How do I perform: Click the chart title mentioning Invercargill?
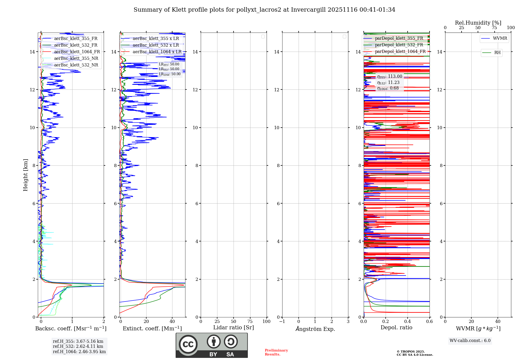[x=264, y=10]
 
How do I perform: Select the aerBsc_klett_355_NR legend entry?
[x=76, y=58]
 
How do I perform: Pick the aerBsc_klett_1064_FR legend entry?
[x=77, y=52]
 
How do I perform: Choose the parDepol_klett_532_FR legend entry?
[x=399, y=45]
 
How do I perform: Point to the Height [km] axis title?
[x=25, y=175]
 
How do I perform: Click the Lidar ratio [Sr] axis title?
[x=233, y=327]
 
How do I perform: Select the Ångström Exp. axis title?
[x=315, y=329]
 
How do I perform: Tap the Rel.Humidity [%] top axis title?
[x=478, y=23]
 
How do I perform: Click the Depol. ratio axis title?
[x=396, y=327]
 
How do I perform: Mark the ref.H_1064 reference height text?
[x=79, y=352]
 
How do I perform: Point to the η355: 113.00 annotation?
[x=390, y=76]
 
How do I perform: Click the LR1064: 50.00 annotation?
[x=170, y=74]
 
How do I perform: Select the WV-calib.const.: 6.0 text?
[x=470, y=341]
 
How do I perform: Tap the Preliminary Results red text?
[x=276, y=352]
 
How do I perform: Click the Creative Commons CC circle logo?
[x=188, y=344]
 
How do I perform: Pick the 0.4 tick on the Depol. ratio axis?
[x=407, y=322]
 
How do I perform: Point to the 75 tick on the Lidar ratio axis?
[x=250, y=322]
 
